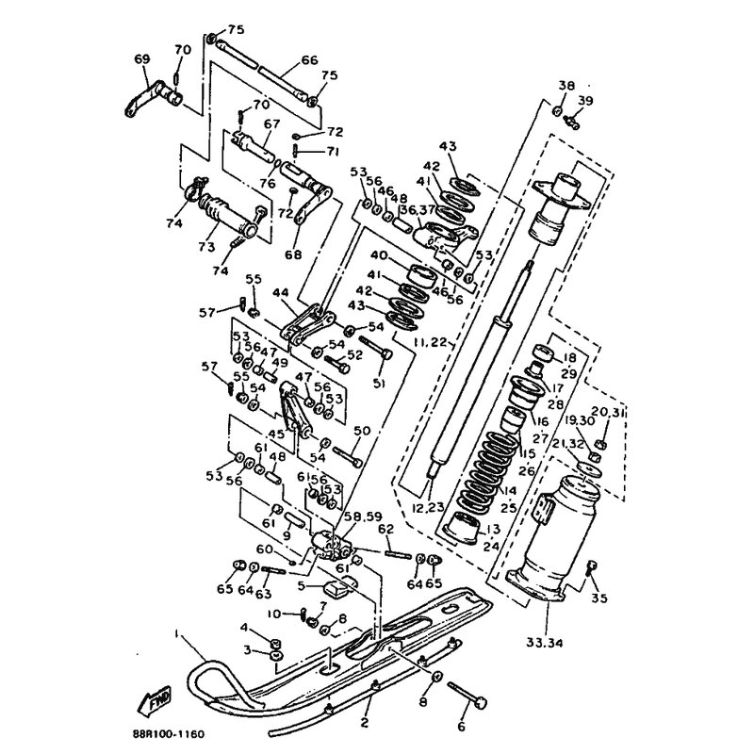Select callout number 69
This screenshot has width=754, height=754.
[x=142, y=59]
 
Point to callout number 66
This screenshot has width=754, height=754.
[x=284, y=59]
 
